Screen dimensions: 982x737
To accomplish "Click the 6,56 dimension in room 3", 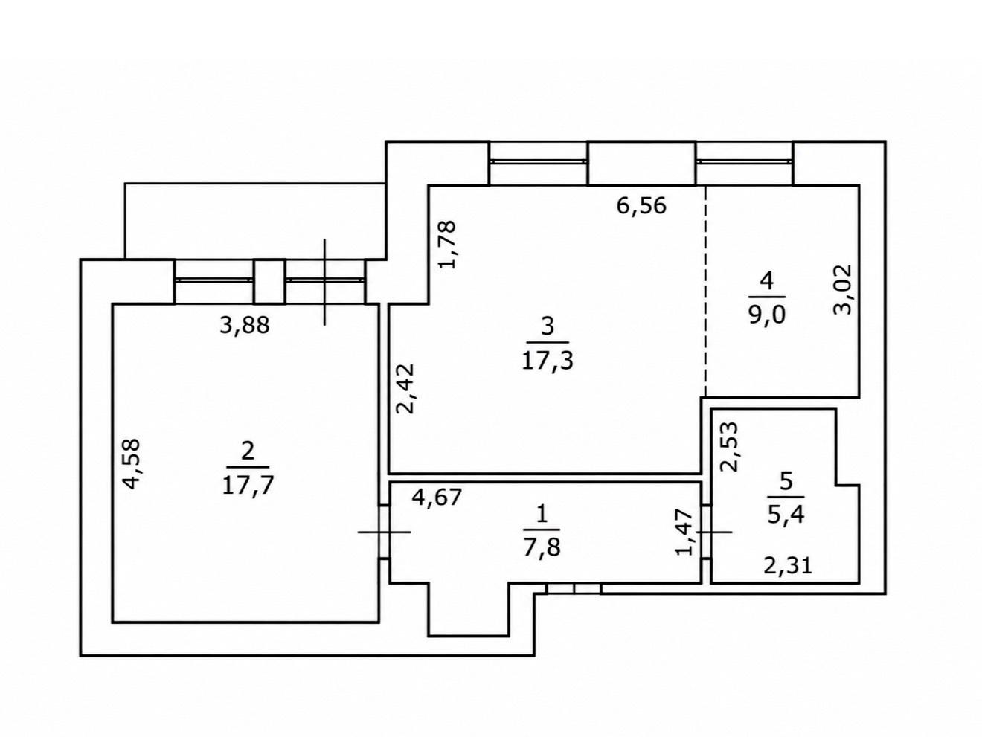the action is (641, 206).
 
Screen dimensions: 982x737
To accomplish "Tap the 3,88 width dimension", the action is (245, 325).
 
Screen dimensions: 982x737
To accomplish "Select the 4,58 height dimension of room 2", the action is (132, 463).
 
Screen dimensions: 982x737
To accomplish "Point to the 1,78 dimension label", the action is (447, 244).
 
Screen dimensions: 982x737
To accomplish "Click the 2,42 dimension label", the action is (406, 389).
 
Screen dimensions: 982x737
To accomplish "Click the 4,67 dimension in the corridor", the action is (437, 497).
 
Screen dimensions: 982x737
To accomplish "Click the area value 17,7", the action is (248, 485).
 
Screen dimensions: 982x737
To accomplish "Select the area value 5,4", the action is (786, 515).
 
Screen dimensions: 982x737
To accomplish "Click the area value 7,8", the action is (542, 547).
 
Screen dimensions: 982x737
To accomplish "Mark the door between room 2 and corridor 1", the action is (385, 532).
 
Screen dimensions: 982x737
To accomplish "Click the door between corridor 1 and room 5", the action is (705, 532).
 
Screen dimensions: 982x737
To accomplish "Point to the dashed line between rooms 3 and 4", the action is (705, 291).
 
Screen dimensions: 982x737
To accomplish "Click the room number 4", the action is (766, 282).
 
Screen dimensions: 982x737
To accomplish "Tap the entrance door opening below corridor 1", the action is (574, 588).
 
